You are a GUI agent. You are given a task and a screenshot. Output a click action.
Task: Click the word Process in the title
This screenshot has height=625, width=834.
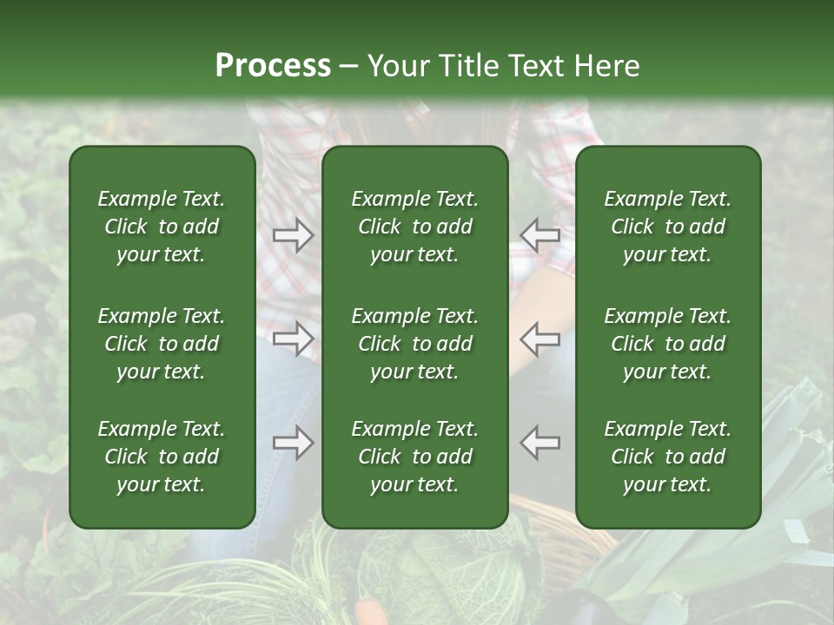(x=273, y=66)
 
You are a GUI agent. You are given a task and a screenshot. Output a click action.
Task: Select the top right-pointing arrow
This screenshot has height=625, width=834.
(x=293, y=234)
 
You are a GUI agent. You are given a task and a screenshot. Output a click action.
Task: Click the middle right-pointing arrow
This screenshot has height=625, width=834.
(x=293, y=339)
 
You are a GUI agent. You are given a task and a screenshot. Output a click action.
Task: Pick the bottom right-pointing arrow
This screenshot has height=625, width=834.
(x=293, y=443)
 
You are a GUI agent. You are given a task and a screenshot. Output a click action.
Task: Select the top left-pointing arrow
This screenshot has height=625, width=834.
(x=540, y=234)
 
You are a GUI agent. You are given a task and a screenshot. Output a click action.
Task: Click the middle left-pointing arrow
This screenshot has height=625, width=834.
(x=540, y=339)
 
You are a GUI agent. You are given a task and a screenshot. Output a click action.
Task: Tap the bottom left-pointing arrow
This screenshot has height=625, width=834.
(x=540, y=443)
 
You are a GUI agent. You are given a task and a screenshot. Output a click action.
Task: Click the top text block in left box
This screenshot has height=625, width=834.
(x=162, y=227)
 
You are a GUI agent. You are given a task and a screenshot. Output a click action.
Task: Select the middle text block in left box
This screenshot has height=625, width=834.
(x=162, y=344)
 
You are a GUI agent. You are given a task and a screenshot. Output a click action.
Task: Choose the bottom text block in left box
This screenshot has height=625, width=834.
(x=162, y=457)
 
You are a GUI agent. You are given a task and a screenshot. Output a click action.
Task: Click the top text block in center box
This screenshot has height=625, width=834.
(x=415, y=227)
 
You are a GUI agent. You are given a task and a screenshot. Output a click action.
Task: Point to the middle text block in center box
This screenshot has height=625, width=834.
(x=415, y=344)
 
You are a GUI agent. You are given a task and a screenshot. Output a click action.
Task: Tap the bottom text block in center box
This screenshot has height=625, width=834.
(x=415, y=457)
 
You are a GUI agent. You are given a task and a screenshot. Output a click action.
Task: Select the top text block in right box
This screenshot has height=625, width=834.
(x=668, y=227)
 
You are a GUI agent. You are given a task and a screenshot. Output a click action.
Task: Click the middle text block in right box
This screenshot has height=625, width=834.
(x=668, y=344)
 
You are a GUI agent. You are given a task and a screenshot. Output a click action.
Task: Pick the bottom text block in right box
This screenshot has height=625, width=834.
(x=668, y=457)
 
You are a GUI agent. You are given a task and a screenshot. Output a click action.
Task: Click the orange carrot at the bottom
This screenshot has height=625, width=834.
(x=372, y=611)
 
